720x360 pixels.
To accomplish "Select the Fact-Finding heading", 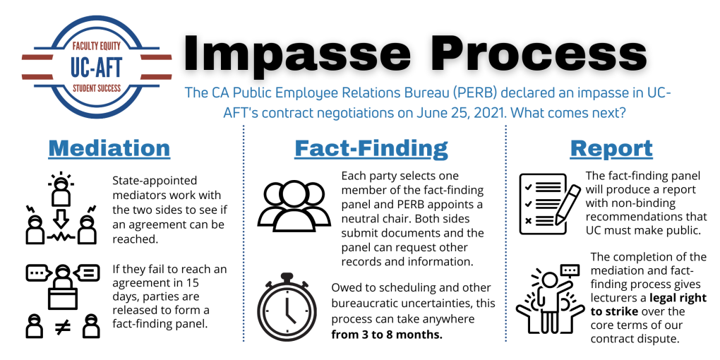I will pyautogui.click(x=371, y=148).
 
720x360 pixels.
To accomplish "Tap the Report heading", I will pyautogui.click(x=611, y=148).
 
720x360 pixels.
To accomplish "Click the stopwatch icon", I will pyautogui.click(x=291, y=308).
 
